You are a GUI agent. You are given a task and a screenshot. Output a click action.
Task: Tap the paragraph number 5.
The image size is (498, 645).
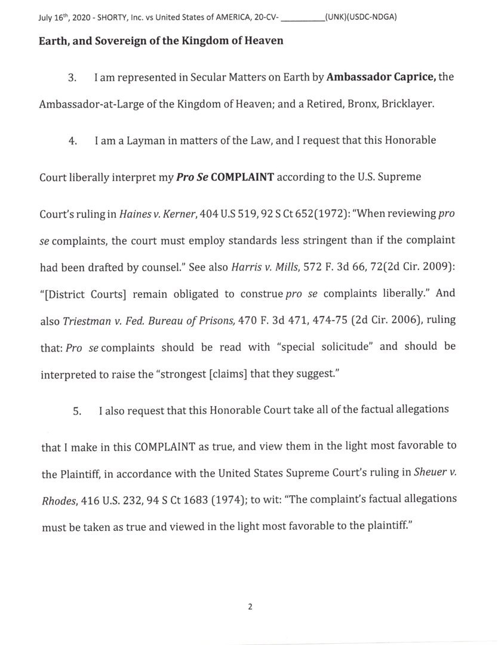[x=76, y=411]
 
